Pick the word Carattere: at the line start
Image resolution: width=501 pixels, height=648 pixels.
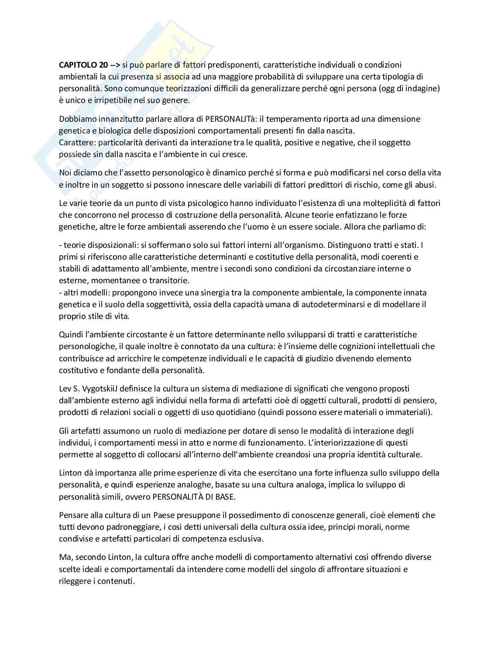coord(77,142)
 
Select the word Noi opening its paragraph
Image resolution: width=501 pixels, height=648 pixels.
coord(65,173)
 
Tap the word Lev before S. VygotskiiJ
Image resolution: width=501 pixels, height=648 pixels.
coord(65,388)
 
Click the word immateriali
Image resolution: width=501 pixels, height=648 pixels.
coord(410,412)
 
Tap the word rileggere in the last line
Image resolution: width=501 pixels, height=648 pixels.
coord(74,581)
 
